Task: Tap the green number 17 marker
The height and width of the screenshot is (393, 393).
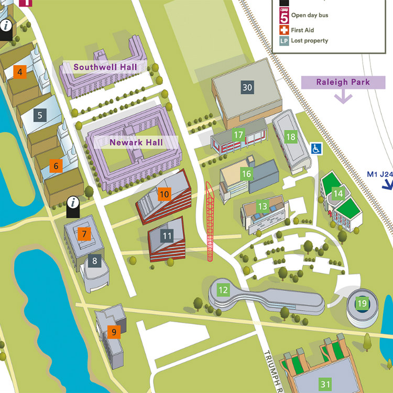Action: pos(238,135)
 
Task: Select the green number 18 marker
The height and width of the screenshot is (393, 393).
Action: pos(290,137)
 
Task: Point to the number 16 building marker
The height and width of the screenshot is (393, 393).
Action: pos(246,173)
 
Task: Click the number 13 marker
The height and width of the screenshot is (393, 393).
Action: pos(263,206)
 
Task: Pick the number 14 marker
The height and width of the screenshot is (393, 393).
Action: pos(339,194)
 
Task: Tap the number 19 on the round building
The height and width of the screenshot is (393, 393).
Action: pos(362,303)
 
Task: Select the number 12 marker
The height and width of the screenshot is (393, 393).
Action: pos(223,289)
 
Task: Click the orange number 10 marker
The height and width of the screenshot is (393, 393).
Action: pos(165,194)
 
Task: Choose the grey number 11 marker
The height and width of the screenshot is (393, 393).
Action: pos(167,236)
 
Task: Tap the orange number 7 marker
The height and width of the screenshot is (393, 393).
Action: pos(84,234)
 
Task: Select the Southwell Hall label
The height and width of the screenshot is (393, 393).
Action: pos(105,67)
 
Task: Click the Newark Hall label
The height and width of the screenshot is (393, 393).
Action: pos(136,142)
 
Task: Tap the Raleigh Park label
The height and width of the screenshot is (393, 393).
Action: pos(343,82)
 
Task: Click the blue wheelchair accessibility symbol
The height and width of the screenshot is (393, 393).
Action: pos(318,149)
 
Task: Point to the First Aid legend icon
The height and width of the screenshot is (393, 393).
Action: pos(284,30)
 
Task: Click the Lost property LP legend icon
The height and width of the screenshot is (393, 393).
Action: pos(284,41)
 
